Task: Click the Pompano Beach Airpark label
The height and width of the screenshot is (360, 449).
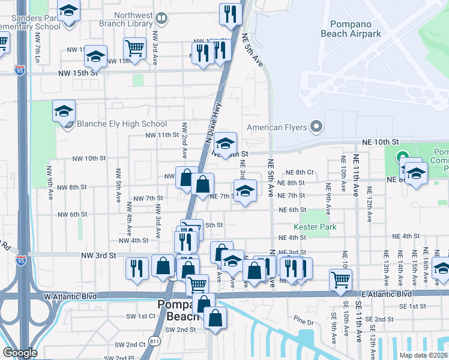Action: (x=356, y=29)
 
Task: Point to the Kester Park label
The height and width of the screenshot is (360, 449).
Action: (x=315, y=227)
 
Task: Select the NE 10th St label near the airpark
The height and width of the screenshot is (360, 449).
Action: (x=379, y=141)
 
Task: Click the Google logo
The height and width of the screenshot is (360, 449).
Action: (x=20, y=353)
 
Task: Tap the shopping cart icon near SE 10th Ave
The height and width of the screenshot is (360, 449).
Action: (x=340, y=278)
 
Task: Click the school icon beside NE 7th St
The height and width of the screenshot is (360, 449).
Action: (x=244, y=191)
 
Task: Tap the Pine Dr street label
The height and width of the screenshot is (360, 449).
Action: (x=304, y=322)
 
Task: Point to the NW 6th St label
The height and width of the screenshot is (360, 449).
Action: (x=73, y=214)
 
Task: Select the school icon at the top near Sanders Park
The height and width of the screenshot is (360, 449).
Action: (x=69, y=11)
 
